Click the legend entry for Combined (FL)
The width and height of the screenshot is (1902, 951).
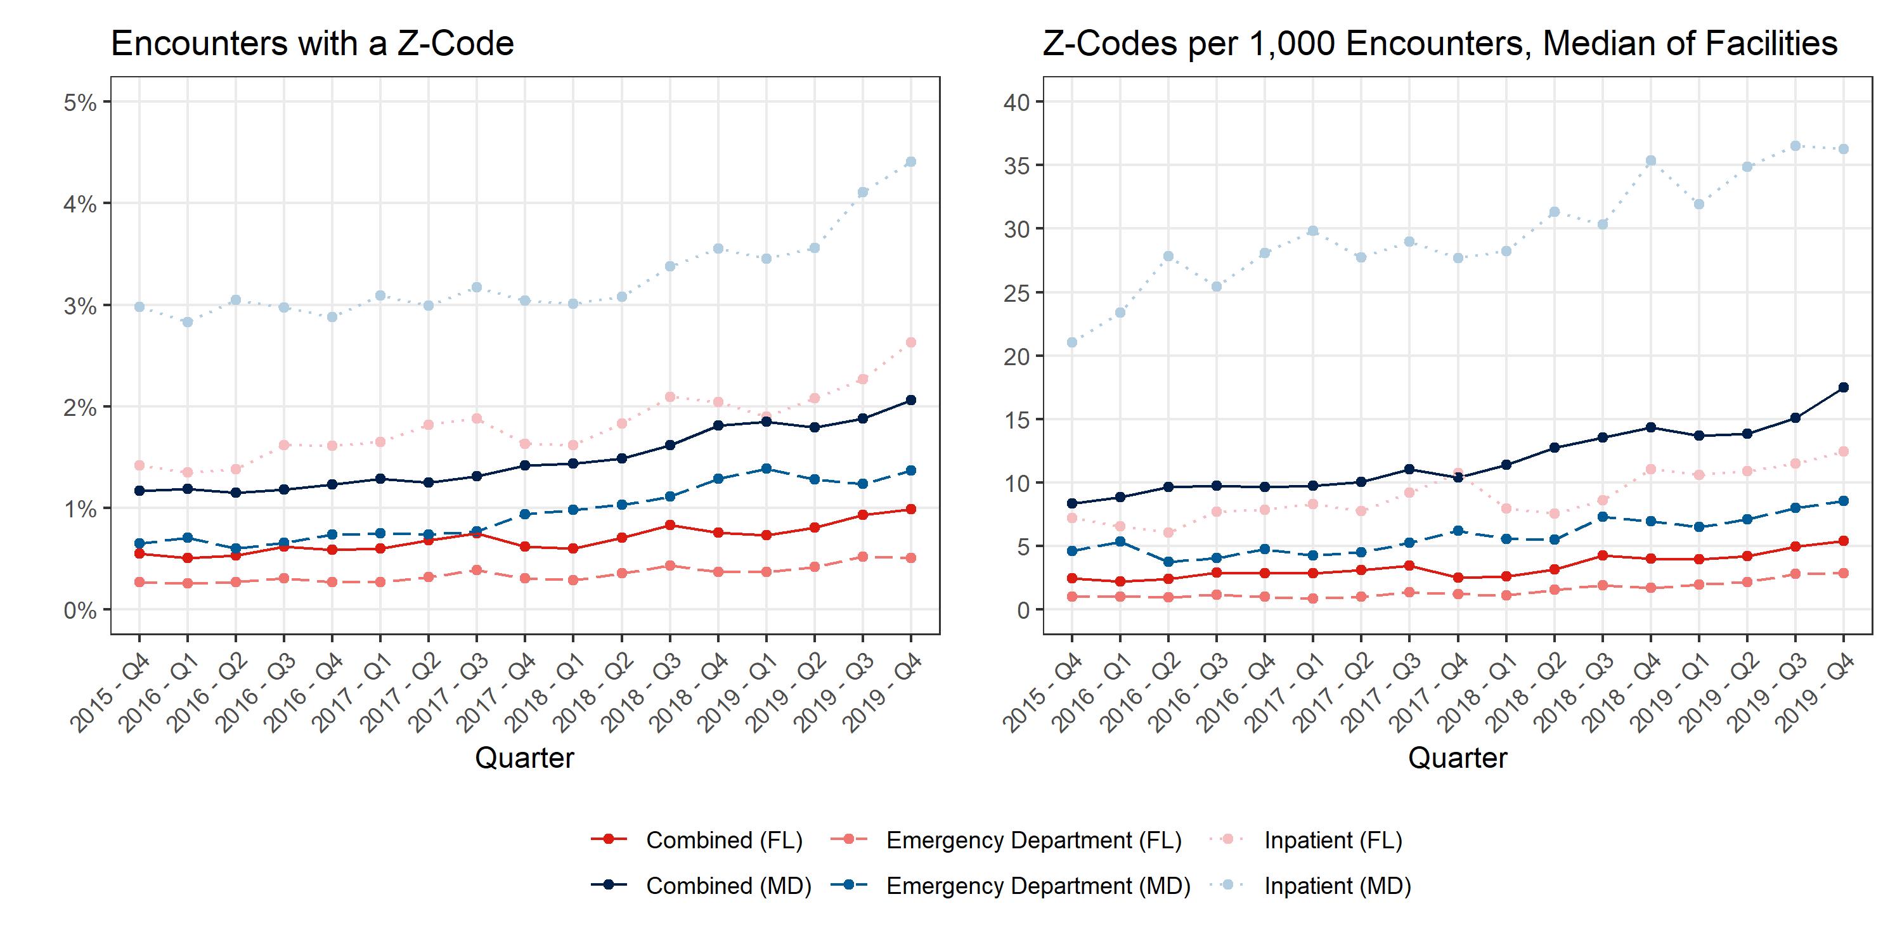pos(723,840)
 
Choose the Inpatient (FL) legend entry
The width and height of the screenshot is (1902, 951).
pos(1333,840)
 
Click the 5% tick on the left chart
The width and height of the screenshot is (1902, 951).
pos(81,103)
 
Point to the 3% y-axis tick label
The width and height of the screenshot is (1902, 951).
pos(81,306)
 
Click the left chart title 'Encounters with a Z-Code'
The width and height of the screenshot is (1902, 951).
pos(313,44)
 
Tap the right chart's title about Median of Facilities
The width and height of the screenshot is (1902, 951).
pos(1440,44)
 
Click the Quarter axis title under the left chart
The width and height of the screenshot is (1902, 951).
pos(524,758)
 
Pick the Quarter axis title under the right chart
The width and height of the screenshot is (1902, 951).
pos(1458,758)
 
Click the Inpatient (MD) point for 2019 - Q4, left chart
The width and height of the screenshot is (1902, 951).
pos(910,162)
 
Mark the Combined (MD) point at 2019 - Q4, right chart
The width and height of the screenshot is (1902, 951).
pos(1843,387)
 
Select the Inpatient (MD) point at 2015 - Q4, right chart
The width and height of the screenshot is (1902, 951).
pos(1072,342)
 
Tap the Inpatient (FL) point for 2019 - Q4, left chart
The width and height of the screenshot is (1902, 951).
pos(910,342)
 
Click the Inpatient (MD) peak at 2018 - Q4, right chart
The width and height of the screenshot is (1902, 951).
pos(1650,161)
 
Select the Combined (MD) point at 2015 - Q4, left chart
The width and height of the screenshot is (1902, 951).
pos(139,490)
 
